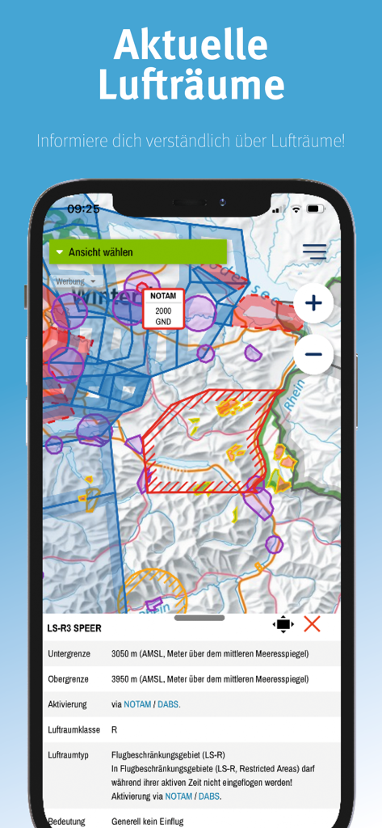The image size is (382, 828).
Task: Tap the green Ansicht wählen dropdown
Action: click(x=137, y=252)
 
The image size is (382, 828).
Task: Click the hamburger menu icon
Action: click(x=314, y=251)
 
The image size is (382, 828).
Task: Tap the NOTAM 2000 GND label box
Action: click(x=164, y=309)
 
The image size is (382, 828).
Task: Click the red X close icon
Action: click(x=312, y=623)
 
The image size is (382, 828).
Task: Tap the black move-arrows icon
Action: click(x=283, y=624)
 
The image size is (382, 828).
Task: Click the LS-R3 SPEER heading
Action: click(x=74, y=627)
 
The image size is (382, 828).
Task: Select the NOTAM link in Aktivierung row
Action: click(x=137, y=704)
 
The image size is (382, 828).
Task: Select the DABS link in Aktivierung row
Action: click(x=168, y=704)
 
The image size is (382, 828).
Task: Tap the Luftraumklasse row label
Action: click(x=73, y=729)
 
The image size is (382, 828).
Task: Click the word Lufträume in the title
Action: click(x=191, y=84)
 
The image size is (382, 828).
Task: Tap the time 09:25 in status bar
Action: click(x=83, y=209)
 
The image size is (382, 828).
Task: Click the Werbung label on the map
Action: click(x=69, y=281)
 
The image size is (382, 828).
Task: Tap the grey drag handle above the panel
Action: click(x=199, y=618)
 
